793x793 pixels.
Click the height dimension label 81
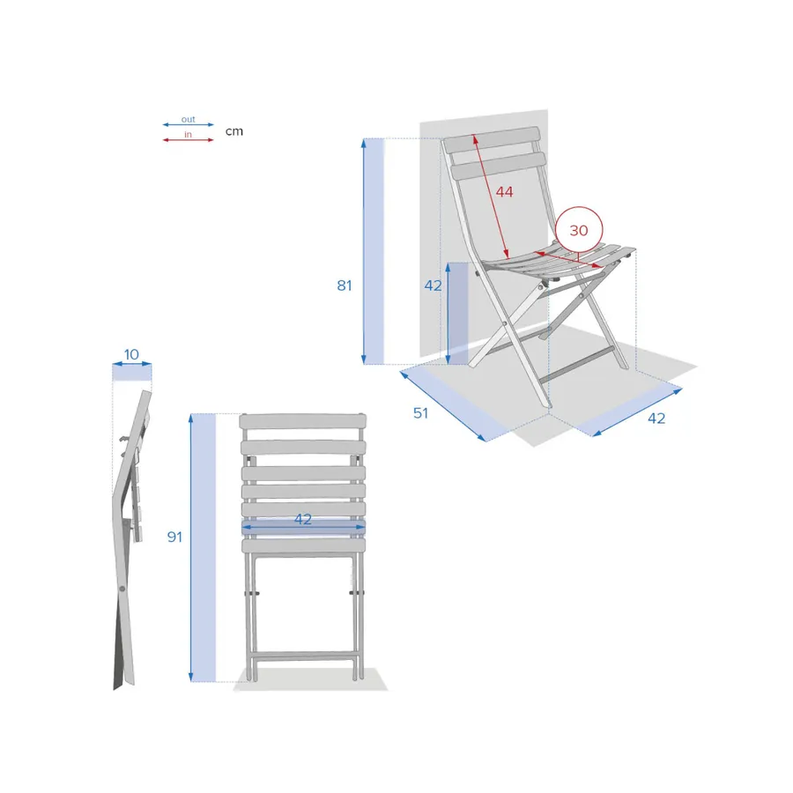(345, 285)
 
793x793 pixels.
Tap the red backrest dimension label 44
(504, 192)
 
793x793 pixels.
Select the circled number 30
(579, 231)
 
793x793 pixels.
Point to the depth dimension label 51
(421, 413)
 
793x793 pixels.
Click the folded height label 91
(175, 537)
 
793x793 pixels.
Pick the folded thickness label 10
(131, 354)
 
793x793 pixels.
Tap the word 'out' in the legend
(189, 119)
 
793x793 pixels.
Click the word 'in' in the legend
(189, 134)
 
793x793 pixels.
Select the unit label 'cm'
(234, 131)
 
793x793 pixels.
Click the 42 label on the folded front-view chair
(303, 519)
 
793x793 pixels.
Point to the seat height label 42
(433, 285)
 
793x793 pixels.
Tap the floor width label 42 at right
(656, 419)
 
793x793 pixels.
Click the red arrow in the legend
(189, 140)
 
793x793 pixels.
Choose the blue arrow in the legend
(189, 124)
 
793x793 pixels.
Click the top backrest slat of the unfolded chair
(492, 138)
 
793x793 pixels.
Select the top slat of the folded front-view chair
(303, 421)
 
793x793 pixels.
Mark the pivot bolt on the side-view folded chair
(122, 589)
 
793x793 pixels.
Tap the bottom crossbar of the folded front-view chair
(303, 656)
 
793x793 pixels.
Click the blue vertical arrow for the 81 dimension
(364, 251)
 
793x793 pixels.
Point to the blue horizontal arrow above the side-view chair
(132, 364)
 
